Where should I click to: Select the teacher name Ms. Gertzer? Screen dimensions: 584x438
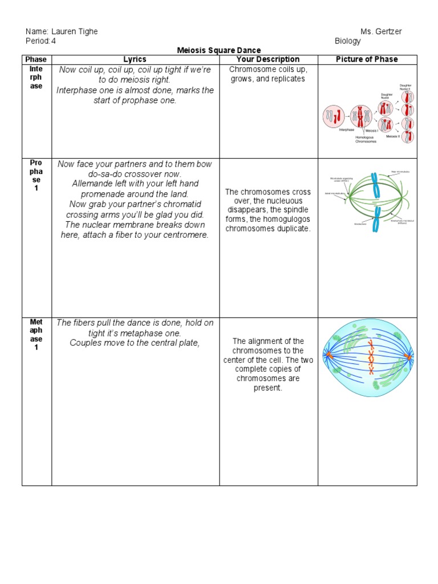(381, 31)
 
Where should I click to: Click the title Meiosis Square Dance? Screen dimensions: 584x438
(219, 50)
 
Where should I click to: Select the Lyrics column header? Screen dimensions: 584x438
(135, 59)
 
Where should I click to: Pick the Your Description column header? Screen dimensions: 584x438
(268, 59)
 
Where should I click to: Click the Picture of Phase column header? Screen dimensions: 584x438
(367, 59)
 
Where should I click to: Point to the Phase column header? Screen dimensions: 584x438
(36, 59)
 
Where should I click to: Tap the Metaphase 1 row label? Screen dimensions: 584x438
(36, 335)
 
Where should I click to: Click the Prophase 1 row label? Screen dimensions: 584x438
(36, 176)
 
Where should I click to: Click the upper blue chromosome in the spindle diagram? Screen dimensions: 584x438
(375, 184)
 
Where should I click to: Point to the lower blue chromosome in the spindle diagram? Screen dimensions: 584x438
(376, 220)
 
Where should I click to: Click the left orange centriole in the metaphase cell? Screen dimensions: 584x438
(328, 356)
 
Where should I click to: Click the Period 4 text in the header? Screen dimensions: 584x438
(41, 41)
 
